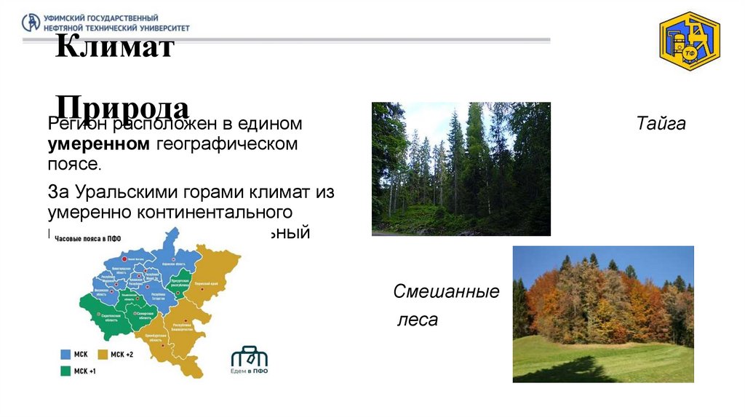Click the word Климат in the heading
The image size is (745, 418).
(114, 49)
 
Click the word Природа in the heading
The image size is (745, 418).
(123, 107)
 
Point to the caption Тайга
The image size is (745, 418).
(661, 124)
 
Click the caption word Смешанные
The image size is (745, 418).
(446, 293)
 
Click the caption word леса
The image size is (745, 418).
(417, 320)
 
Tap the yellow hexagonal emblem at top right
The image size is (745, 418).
(689, 42)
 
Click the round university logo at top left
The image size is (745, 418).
(31, 23)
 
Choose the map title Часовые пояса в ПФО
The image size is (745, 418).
(87, 238)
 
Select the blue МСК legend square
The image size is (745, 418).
(65, 354)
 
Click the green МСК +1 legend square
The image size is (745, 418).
(65, 371)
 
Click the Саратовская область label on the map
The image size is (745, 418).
(111, 317)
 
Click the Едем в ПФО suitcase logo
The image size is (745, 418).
(249, 358)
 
